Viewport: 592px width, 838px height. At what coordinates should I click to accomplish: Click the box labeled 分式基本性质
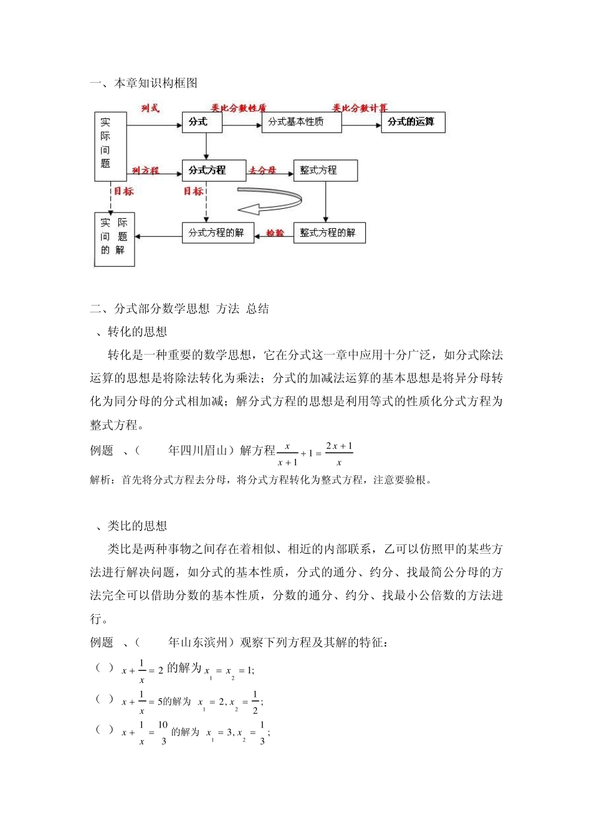302,122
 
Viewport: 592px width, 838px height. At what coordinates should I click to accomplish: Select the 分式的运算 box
413,122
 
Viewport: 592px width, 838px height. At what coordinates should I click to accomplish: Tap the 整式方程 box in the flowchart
325,170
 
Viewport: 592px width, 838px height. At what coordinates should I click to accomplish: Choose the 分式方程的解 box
217,233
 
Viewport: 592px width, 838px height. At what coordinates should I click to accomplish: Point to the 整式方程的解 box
329,233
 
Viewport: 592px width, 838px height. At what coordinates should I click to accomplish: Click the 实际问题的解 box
114,239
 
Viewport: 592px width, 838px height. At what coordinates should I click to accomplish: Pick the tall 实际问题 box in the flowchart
110,147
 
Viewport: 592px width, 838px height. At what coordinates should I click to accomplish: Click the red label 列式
150,108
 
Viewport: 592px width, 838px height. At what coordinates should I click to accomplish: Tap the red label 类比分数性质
239,108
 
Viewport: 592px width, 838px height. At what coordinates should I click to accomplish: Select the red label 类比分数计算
360,108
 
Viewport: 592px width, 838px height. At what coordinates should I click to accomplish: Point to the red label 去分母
262,170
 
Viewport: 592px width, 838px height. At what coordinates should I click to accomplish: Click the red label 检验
275,233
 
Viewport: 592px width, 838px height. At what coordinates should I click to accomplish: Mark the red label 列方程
145,170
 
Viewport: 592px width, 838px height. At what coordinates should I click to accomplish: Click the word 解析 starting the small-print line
100,480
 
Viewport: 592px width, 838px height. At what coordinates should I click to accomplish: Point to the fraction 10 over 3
163,733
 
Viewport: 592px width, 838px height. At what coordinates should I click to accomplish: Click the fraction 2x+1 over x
339,454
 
